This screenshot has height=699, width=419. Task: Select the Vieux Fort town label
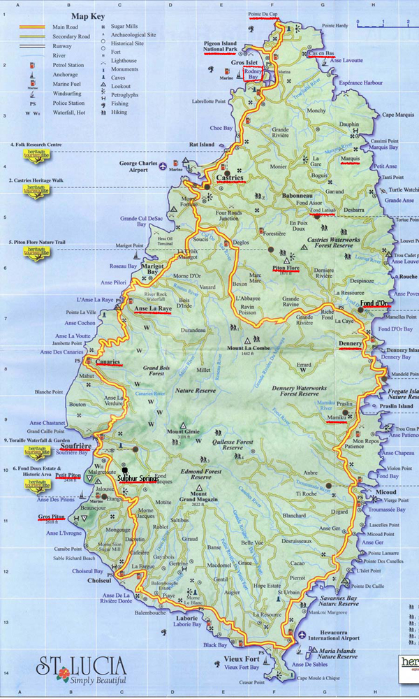[x=242, y=659]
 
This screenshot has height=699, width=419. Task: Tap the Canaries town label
[x=109, y=362]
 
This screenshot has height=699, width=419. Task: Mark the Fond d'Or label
[x=376, y=303]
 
